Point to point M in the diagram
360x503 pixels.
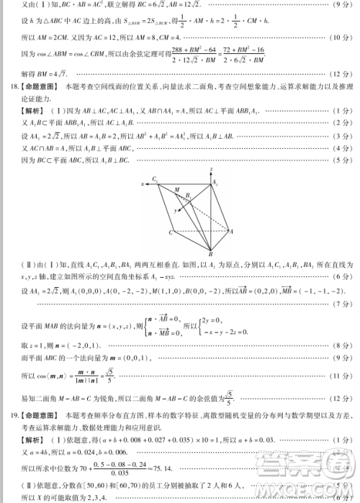click(x=176, y=189)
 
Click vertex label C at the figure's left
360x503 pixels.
click(x=171, y=232)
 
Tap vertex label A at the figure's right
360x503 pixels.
click(x=231, y=231)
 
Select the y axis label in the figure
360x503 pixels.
click(x=174, y=209)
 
